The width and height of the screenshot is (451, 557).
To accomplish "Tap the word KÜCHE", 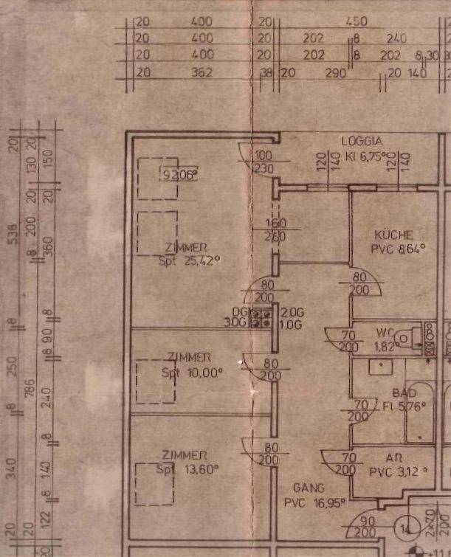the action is [393, 235].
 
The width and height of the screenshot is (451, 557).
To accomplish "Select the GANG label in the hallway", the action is [308, 488].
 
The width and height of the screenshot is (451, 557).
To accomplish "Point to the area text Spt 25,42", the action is [190, 260].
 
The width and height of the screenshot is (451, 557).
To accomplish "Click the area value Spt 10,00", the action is [192, 373].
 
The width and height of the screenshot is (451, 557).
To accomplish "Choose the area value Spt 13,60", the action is [190, 469].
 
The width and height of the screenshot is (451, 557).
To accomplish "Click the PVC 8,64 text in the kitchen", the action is [399, 249].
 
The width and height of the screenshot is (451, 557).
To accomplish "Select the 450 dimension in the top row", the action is [356, 22].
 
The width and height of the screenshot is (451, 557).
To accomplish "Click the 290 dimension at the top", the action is [335, 72].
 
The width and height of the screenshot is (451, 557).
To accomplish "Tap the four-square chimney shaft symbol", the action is [260, 318].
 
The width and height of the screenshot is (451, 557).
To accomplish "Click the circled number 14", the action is [404, 529].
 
